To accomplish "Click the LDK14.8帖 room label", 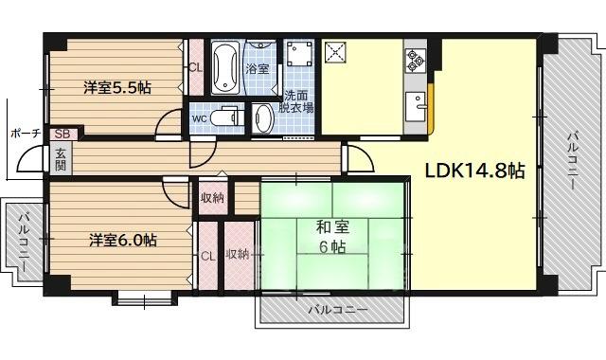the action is click(x=475, y=171).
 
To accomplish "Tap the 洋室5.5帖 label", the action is click(x=117, y=88).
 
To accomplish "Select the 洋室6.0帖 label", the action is click(x=123, y=241).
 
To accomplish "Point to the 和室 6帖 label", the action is click(x=332, y=237).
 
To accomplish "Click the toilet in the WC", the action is click(x=227, y=117).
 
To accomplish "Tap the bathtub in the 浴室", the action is click(x=225, y=67).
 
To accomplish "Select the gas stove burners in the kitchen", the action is click(x=416, y=61).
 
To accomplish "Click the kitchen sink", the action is click(x=416, y=107).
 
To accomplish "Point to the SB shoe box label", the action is click(x=62, y=135).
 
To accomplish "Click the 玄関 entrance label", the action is click(x=62, y=160).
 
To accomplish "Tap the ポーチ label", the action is click(x=26, y=134).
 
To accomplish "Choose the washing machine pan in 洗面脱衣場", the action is click(x=299, y=53).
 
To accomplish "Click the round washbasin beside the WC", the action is click(x=263, y=118).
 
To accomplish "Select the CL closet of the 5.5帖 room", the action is click(x=196, y=67).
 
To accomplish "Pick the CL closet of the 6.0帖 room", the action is click(x=207, y=256).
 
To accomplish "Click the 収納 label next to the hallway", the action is click(x=212, y=198).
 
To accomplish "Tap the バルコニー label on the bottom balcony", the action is click(x=338, y=310).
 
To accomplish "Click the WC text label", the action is click(x=200, y=117).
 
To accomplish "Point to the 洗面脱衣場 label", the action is click(x=296, y=101).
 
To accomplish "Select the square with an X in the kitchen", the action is click(x=336, y=52).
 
